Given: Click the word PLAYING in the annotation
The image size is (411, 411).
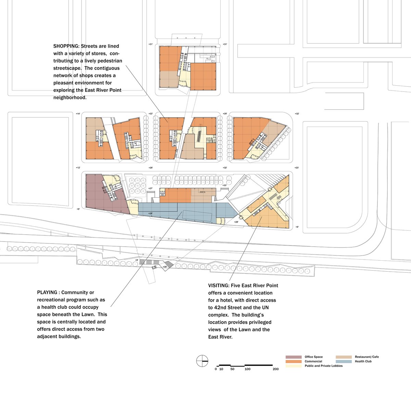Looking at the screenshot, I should coord(47,292).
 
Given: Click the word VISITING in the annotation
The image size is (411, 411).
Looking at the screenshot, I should coord(219,285).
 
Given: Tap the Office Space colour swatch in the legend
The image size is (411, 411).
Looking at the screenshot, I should coord(294,357).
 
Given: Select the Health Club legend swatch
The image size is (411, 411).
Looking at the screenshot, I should coord(344,361).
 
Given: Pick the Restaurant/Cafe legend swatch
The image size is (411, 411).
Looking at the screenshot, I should coord(344,357).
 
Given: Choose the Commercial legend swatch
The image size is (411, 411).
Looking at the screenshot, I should coord(294,361).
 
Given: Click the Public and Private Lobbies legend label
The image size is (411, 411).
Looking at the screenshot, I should coord(323,366).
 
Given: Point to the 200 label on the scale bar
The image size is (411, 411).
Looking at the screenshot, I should coord(276,369).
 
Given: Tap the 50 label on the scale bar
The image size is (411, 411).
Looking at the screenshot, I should coord(232,369).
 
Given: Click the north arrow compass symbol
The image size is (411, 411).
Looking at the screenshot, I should coord(202,361).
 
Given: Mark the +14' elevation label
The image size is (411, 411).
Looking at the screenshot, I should coord(78,113).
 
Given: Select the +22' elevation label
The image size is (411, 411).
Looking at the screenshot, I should coord(151,113).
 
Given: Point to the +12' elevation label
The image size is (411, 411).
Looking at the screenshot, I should coord(78,168).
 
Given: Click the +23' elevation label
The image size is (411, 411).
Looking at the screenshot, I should coord(297,168).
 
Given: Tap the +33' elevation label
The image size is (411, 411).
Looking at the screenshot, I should coord(225,185).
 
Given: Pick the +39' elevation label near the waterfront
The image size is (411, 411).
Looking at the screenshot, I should coord(165,267).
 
